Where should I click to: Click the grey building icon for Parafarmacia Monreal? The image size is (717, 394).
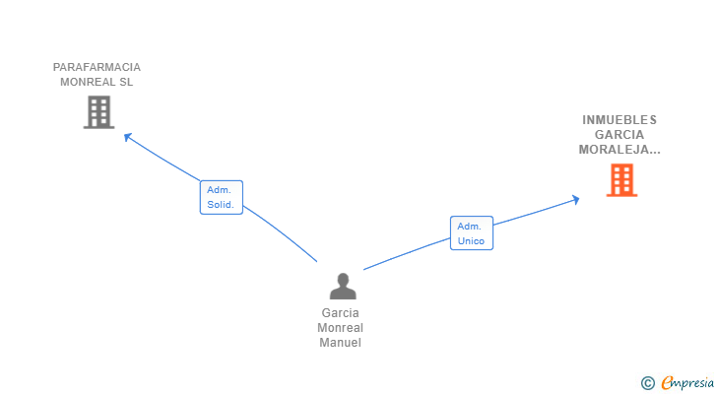coord(98,112)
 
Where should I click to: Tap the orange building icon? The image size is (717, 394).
coord(621,180)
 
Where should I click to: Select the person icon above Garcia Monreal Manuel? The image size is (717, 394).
coord(343,286)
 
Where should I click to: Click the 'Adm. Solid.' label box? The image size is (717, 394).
coord(222,197)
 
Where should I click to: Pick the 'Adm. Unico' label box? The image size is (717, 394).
coord(472,233)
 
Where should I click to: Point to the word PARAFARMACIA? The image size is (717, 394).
coord(97,67)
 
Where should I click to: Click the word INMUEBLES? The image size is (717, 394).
coord(619,120)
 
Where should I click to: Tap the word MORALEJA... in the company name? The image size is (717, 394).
coord(619,150)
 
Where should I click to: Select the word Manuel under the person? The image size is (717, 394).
coord(340,343)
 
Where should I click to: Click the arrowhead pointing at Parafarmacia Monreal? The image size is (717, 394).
coord(128,136)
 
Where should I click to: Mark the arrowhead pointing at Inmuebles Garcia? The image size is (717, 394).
coord(576,200)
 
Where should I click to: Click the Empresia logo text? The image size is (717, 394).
coord(687,383)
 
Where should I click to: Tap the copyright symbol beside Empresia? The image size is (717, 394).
coord(647,383)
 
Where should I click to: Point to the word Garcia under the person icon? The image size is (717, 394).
coord(340,313)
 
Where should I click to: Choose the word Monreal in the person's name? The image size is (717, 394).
coord(340,328)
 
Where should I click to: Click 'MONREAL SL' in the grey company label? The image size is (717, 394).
coord(97,82)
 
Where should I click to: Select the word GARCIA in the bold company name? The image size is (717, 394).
coord(619,134)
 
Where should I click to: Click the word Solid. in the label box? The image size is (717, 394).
coord(221,205)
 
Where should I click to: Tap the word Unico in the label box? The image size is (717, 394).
coord(471,241)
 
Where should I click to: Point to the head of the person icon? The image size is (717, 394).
coord(343,280)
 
